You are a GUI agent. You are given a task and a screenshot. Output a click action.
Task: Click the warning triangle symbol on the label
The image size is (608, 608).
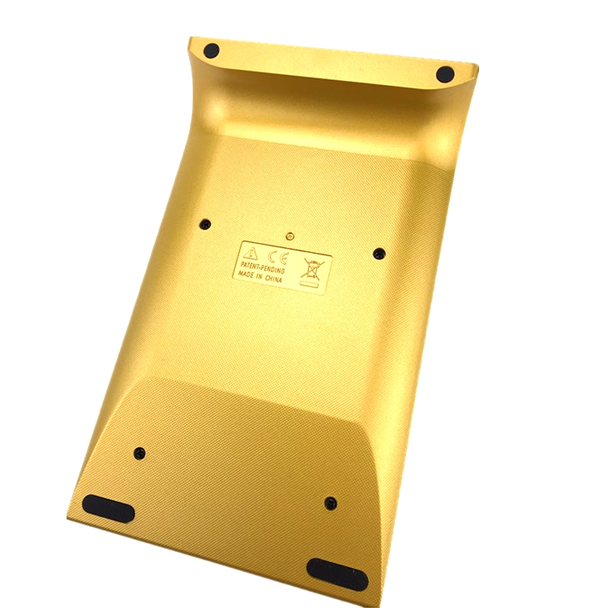(250, 253)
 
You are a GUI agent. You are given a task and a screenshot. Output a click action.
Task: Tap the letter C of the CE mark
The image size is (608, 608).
(273, 255)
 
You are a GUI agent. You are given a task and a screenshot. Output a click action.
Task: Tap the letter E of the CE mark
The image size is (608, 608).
(283, 258)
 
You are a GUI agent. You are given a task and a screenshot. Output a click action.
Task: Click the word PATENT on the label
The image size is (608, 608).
(251, 265)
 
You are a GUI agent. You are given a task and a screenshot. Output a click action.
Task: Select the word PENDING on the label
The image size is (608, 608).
(275, 268)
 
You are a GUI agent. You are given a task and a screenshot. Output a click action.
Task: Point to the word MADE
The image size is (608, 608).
(246, 274)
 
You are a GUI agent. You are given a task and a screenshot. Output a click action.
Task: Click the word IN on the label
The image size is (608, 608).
(259, 276)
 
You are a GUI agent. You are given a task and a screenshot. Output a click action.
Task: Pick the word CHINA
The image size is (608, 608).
(273, 278)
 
